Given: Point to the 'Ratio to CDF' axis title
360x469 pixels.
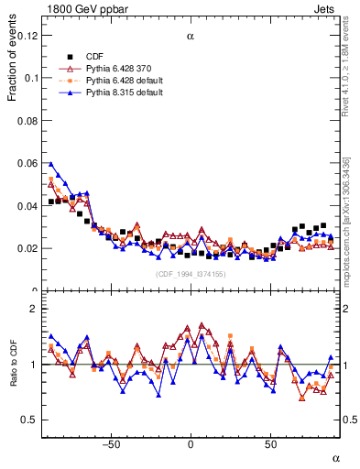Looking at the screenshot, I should coord(13,365).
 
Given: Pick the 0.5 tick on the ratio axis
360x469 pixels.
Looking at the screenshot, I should coord(32,420).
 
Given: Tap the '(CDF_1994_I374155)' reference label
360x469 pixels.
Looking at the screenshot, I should coord(191,274).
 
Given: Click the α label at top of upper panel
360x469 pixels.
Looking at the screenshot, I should coord(191,37).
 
